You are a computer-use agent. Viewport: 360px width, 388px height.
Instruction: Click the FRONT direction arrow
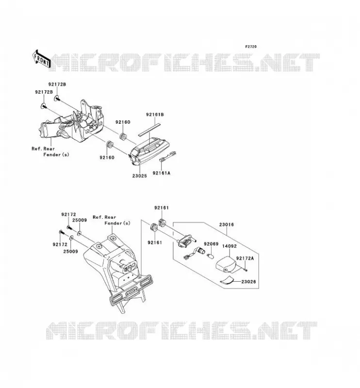tap(41, 59)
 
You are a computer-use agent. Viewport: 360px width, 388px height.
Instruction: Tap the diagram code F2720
tap(251, 47)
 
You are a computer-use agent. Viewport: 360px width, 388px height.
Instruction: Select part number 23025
tap(139, 176)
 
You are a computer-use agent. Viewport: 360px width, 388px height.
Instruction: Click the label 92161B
tap(155, 114)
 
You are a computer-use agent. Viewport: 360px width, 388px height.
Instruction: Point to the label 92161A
tap(162, 173)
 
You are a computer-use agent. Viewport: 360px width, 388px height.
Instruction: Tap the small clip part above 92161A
tap(167, 156)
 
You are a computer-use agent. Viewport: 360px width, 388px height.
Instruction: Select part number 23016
tap(226, 225)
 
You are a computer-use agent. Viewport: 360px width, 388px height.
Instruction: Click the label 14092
tap(229, 246)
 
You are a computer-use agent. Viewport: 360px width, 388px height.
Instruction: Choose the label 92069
tap(211, 244)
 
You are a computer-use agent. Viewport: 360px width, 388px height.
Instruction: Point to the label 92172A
tap(245, 259)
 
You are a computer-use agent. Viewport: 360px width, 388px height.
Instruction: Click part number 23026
tap(248, 282)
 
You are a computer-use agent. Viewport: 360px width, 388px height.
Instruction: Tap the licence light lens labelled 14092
tap(227, 264)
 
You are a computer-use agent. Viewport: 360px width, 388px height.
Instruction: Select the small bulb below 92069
tap(210, 256)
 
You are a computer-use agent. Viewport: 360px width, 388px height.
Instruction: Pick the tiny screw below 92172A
tap(245, 270)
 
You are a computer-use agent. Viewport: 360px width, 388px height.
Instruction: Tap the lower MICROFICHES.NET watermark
tap(182, 330)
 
